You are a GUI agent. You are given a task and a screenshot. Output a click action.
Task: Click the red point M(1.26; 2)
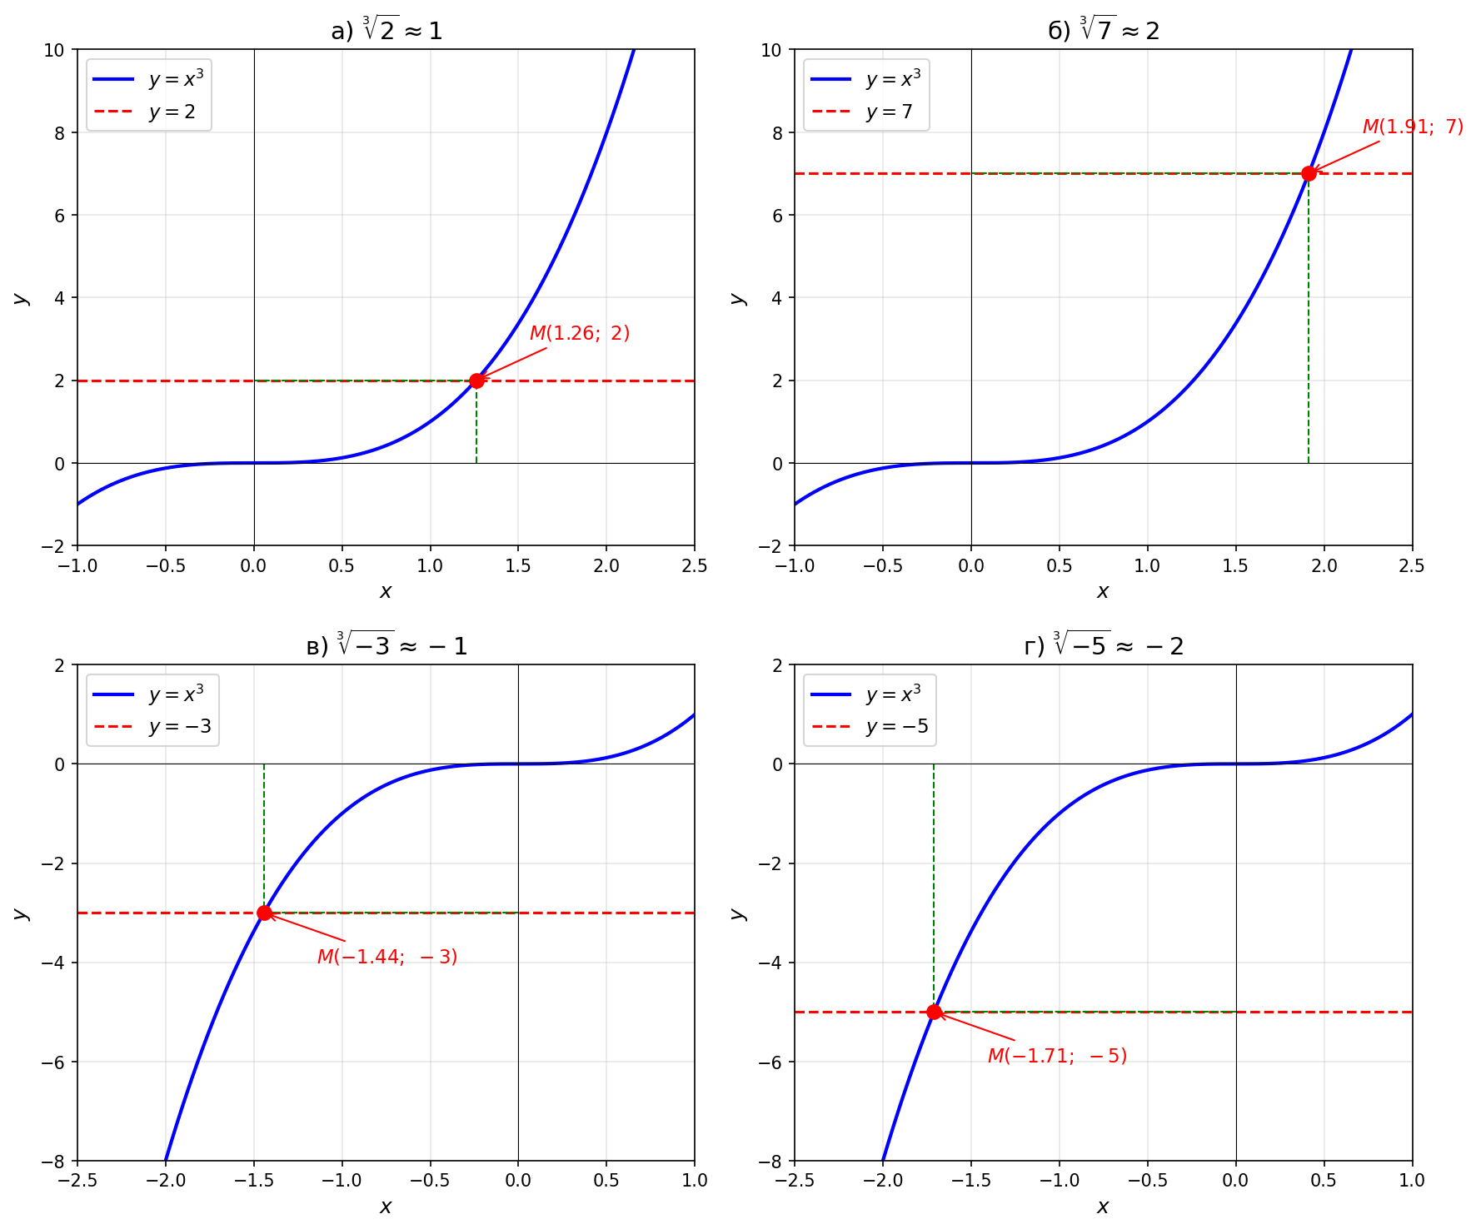tap(476, 381)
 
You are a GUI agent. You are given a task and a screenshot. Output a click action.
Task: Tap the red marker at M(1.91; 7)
tap(1309, 173)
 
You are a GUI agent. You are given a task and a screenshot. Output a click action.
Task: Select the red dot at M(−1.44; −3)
tap(264, 913)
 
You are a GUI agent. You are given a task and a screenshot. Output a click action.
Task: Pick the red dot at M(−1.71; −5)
tap(934, 1012)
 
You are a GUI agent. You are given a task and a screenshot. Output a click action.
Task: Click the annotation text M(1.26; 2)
tap(580, 333)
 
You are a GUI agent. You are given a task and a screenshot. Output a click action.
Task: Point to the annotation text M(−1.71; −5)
tap(1057, 1056)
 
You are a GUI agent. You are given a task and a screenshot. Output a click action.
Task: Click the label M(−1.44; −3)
tap(387, 957)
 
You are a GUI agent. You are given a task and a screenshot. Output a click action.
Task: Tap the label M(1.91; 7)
tap(1413, 127)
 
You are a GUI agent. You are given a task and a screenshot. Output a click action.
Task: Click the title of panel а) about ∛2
tap(386, 31)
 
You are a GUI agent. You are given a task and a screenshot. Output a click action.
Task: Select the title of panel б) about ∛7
tap(1104, 31)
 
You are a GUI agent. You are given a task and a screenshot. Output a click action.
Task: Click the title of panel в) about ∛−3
tap(386, 645)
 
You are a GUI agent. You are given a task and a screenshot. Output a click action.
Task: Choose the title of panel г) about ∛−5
tap(1104, 645)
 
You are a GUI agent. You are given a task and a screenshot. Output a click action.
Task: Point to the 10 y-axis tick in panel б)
tap(771, 50)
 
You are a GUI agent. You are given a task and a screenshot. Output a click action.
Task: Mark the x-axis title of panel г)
tap(1103, 1207)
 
